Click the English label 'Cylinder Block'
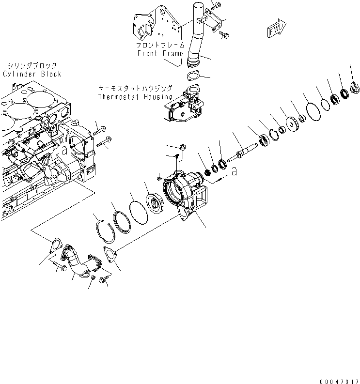[x=32, y=74]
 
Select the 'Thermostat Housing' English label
[x=135, y=96]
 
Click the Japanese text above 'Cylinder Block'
[x=32, y=65]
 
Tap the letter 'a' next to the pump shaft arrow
[x=235, y=172]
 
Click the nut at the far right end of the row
[x=354, y=88]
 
